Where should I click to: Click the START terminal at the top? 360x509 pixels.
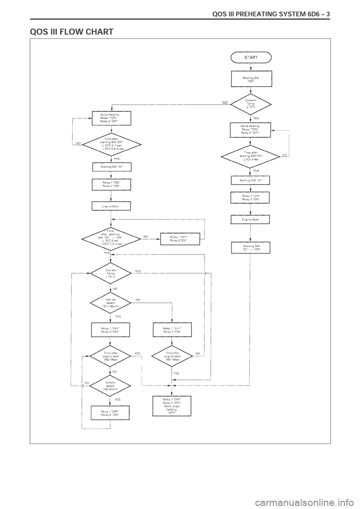251,57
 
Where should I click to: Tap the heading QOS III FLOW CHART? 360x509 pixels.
71,32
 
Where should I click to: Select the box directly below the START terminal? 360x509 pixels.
251,79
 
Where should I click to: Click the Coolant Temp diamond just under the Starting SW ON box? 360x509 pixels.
250,104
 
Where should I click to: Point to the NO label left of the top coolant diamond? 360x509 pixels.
225,102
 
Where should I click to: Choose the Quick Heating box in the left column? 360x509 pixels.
111,118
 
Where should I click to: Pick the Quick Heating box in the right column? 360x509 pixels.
250,130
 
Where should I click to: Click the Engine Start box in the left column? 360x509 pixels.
111,206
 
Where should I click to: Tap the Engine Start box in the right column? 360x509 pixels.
250,219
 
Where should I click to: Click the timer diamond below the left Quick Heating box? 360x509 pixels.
112,144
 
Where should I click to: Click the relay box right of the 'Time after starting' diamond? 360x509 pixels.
180,239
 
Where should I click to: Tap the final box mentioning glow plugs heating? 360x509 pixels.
172,406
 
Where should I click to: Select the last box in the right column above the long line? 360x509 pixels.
250,247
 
